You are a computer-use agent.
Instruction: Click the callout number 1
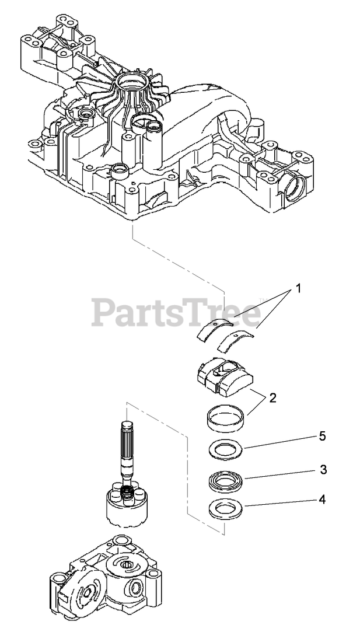(x=298, y=288)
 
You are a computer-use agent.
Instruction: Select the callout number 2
(x=272, y=398)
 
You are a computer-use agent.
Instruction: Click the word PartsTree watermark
(x=176, y=313)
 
